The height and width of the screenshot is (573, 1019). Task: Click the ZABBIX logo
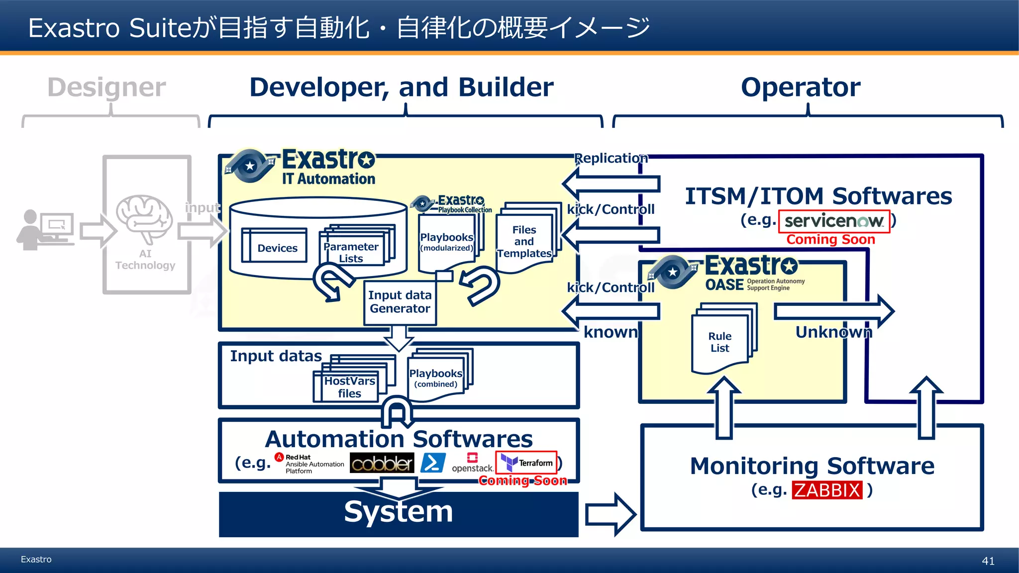[x=826, y=490]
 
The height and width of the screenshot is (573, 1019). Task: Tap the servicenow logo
[x=834, y=221]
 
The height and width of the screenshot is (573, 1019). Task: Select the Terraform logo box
[x=526, y=463]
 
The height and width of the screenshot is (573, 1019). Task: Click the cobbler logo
[x=382, y=463]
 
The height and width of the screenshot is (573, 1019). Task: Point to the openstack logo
[x=472, y=463]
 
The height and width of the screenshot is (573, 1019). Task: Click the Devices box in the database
[x=277, y=247]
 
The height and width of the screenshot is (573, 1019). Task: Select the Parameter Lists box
[x=351, y=251]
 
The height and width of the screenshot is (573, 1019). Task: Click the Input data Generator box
[x=400, y=302]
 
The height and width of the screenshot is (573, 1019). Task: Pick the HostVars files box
[x=349, y=387]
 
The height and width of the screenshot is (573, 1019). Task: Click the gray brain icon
[x=144, y=217]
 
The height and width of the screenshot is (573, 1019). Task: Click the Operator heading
[x=800, y=87]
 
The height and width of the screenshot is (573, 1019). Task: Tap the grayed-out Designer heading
[x=106, y=87]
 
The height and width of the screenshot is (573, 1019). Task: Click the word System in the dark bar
[x=398, y=511]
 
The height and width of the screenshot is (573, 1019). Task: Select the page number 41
[x=988, y=561]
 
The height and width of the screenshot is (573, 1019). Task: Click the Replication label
[x=611, y=158]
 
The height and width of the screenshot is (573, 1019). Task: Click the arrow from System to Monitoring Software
[x=610, y=514]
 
